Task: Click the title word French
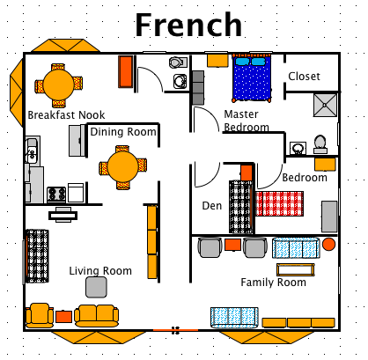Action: click(x=188, y=25)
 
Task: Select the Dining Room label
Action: click(x=123, y=132)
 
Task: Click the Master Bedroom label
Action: click(x=246, y=121)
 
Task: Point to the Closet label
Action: click(x=305, y=77)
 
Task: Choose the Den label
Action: click(x=211, y=207)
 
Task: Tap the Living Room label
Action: click(x=100, y=271)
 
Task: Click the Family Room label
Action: click(x=274, y=283)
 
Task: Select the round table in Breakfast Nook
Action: click(x=59, y=84)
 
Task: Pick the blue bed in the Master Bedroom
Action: click(x=255, y=80)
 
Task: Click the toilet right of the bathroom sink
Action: click(x=320, y=142)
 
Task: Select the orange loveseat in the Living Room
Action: click(x=97, y=313)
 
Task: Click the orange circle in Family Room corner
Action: click(x=328, y=244)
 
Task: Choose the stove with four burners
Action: click(x=56, y=193)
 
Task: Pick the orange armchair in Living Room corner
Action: click(x=40, y=313)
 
